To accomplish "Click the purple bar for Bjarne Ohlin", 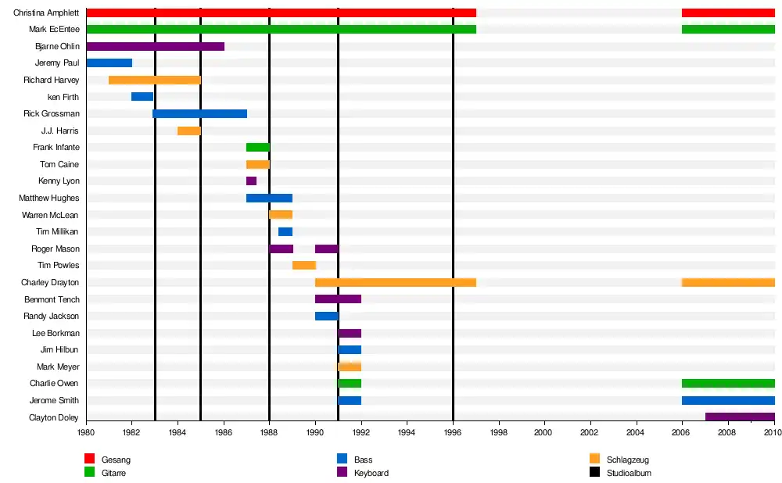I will (155, 46).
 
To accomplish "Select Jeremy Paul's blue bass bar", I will (109, 63).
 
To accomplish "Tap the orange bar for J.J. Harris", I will (189, 131).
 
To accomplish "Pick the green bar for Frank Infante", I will (257, 147).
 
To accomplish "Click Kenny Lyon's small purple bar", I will (251, 181).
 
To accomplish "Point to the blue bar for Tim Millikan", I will (285, 231).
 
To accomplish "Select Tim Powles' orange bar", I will (303, 266).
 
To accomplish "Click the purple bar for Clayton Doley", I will (740, 417).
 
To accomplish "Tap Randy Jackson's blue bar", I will (326, 316).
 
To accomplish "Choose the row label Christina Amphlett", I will (46, 13).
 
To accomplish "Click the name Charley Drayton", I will (50, 282).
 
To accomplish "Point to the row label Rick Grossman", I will (52, 113).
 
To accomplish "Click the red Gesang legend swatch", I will (89, 459).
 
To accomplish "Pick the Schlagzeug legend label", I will (627, 460).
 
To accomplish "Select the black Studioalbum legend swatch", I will (594, 472).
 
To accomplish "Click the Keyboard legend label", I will (371, 473).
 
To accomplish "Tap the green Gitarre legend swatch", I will (89, 472).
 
